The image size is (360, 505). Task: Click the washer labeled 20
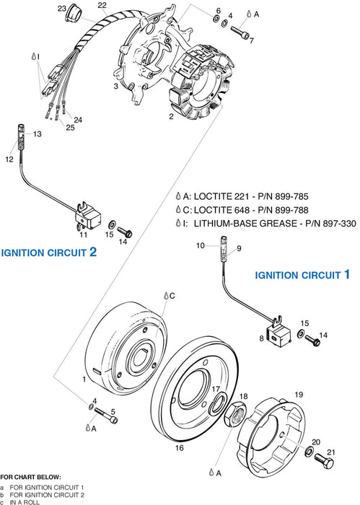tap(309, 452)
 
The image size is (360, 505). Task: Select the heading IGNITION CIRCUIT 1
tap(302, 275)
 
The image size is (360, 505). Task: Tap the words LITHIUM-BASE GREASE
tap(255, 224)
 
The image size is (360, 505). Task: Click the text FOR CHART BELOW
tap(30, 477)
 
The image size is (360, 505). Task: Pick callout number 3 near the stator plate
tap(115, 86)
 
